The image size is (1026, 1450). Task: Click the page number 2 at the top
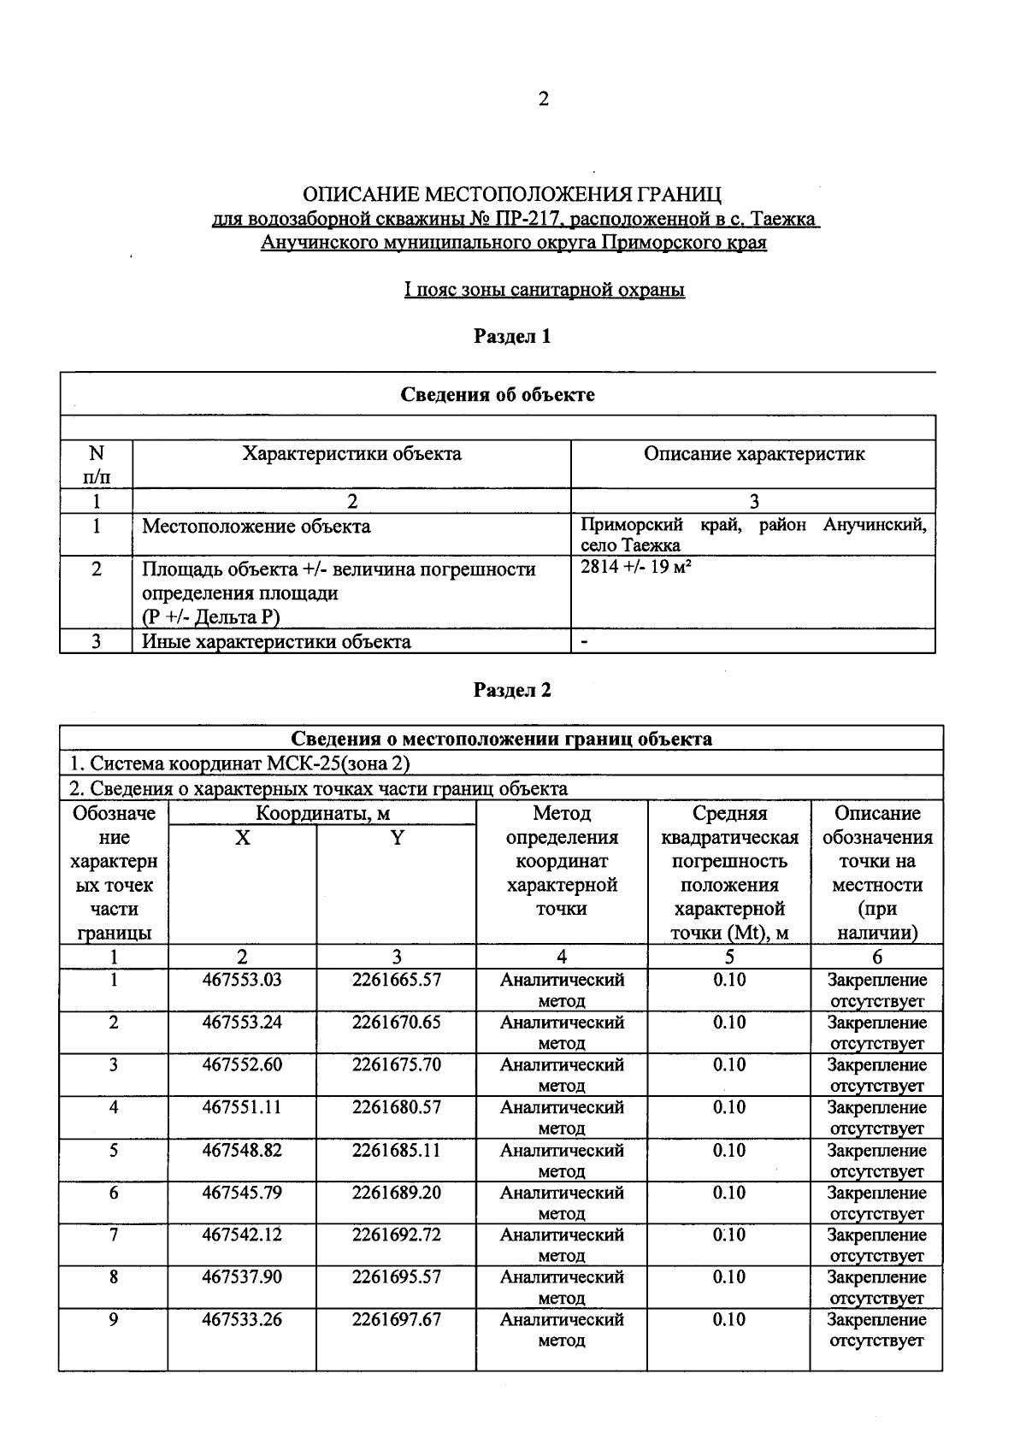tap(543, 99)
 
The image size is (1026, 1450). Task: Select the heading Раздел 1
tap(512, 337)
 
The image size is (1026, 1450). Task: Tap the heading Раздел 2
tap(512, 691)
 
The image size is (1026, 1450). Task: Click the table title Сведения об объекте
tap(498, 395)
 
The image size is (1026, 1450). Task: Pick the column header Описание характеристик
tap(753, 454)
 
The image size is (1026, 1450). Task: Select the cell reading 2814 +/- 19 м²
tap(635, 566)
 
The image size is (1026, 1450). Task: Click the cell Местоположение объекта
tap(256, 527)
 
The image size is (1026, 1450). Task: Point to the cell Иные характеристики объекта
tap(276, 642)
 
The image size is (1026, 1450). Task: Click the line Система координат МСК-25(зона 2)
tap(245, 763)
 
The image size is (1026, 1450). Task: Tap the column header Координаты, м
tap(322, 814)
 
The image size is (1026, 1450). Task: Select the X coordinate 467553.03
tap(242, 980)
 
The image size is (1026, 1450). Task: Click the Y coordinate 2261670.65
tap(396, 1023)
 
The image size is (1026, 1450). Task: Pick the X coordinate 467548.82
tap(242, 1150)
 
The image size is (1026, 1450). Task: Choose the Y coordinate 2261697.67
tap(396, 1319)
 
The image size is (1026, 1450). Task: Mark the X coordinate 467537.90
tap(242, 1277)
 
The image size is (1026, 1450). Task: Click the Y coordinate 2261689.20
tap(396, 1193)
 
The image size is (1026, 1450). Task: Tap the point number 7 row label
tap(113, 1235)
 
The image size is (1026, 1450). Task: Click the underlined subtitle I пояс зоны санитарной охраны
tap(545, 291)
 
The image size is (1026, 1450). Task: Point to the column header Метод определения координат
tap(562, 861)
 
